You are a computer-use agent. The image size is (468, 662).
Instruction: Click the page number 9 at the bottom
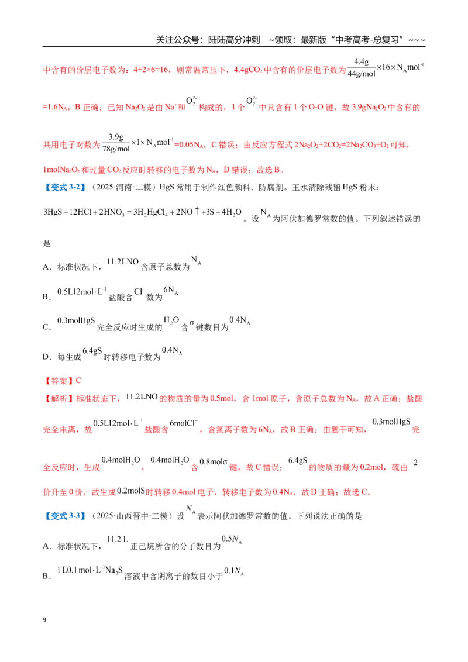click(44, 620)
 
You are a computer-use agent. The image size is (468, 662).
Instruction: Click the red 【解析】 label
click(58, 399)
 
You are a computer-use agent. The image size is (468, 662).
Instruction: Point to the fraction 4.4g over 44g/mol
click(361, 68)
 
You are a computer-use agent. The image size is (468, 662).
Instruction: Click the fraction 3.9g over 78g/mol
click(116, 143)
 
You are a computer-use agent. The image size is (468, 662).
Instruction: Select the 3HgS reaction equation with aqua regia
click(142, 212)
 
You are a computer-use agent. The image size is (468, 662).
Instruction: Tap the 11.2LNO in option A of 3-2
click(123, 262)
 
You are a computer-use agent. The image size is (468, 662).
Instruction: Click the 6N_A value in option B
click(171, 291)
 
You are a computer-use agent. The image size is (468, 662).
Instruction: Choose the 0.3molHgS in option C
click(76, 320)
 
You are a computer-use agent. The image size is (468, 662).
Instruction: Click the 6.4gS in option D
click(92, 351)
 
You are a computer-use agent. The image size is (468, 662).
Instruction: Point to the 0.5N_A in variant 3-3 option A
click(232, 539)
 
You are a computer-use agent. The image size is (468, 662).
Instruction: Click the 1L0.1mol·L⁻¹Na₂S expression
click(90, 570)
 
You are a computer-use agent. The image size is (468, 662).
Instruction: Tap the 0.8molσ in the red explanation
click(214, 461)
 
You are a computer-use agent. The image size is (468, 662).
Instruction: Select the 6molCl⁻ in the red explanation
click(183, 423)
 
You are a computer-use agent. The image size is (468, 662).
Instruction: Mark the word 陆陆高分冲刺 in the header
click(234, 40)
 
